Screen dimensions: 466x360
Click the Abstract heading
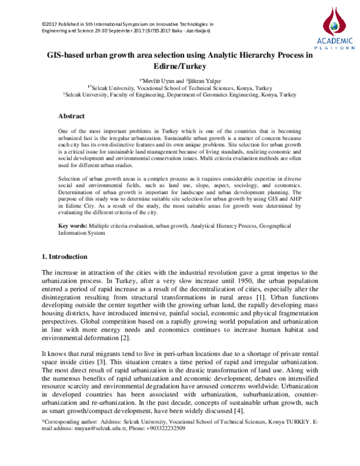coord(71,116)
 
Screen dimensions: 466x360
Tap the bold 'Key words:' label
coord(72,226)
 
